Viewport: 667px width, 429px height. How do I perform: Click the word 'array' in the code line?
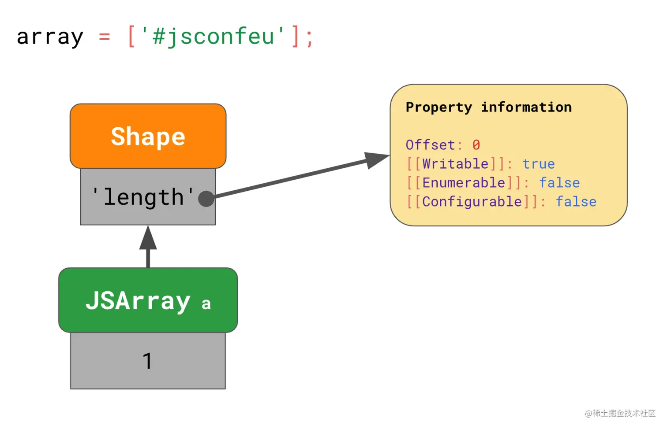point(50,37)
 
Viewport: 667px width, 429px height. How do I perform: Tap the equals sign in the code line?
point(105,37)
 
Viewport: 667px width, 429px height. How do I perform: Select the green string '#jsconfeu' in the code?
point(213,36)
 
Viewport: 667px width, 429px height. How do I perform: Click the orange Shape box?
point(148,136)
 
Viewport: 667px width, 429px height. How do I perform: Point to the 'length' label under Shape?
point(143,197)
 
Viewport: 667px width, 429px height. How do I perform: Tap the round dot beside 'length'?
point(206,199)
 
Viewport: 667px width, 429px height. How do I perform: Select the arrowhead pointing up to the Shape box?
point(148,238)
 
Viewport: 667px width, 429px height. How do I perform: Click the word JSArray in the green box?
point(138,301)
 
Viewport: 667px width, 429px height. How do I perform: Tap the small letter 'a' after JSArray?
point(206,304)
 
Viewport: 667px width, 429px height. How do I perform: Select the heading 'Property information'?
point(489,107)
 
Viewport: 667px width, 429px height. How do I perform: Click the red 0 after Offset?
point(476,145)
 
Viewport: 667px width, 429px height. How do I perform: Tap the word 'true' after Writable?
point(539,164)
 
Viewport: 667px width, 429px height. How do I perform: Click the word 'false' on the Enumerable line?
point(559,182)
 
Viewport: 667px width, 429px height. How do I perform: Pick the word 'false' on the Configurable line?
point(576,202)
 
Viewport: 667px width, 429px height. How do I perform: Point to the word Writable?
point(455,164)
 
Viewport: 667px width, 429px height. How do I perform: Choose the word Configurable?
point(472,202)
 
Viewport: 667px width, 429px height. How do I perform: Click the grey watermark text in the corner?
point(620,413)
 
